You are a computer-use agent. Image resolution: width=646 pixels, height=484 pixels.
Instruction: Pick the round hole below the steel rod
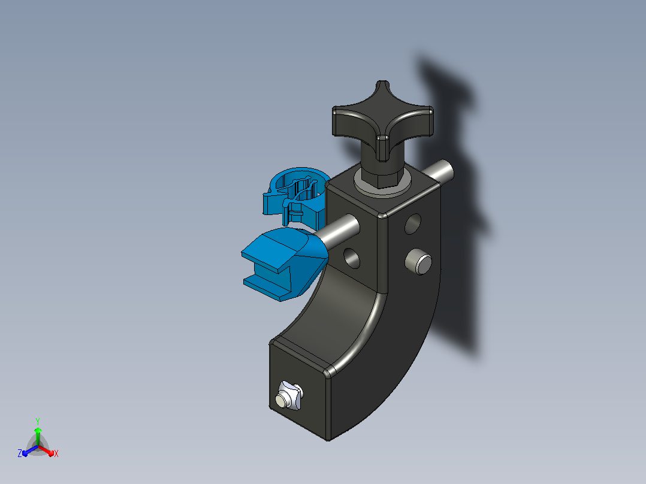[351, 259]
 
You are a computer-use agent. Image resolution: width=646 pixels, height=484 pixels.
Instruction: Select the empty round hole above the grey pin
[413, 223]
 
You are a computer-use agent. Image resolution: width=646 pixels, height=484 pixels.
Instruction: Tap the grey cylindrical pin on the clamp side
[418, 262]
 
